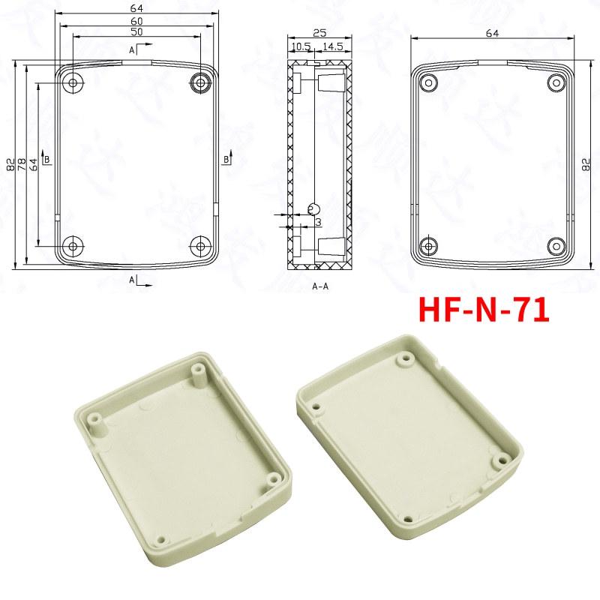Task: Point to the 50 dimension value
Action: (137, 33)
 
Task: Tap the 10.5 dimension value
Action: (300, 47)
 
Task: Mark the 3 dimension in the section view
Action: (318, 223)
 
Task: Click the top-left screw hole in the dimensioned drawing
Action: (73, 82)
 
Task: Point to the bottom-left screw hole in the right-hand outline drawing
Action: (429, 245)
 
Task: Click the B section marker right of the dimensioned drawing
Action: (228, 158)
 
